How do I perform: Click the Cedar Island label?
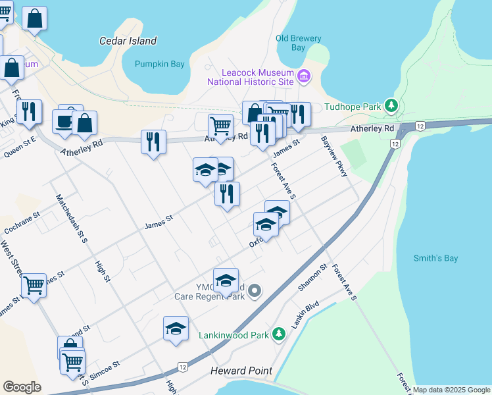128,41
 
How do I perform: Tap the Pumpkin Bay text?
160,64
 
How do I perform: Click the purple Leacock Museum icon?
303,77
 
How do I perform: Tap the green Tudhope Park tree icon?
392,106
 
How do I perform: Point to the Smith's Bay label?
435,258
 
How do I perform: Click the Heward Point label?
241,371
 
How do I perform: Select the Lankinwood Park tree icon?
280,334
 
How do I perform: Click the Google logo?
22,386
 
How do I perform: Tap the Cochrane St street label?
22,223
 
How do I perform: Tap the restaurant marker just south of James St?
227,194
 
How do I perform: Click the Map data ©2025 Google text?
451,390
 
